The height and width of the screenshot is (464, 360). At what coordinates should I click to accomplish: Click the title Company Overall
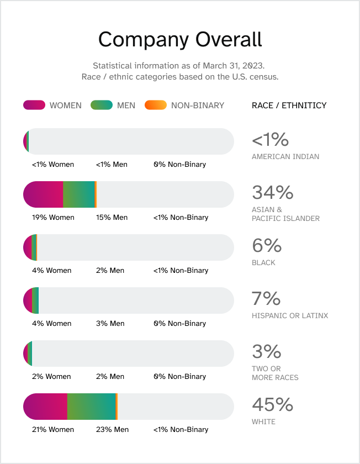pyautogui.click(x=180, y=40)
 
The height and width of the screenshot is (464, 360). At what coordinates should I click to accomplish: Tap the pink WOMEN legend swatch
pyautogui.click(x=34, y=105)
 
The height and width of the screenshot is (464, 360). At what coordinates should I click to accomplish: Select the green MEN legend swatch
pyautogui.click(x=102, y=105)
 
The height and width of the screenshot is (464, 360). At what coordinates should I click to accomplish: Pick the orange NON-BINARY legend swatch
pyautogui.click(x=155, y=105)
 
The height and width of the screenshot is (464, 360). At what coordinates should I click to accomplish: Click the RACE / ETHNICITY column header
pyautogui.click(x=289, y=106)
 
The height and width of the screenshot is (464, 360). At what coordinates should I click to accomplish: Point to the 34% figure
pyautogui.click(x=273, y=193)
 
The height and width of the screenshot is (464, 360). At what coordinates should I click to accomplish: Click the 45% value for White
pyautogui.click(x=273, y=405)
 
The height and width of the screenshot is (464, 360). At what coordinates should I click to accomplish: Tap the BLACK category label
pyautogui.click(x=263, y=262)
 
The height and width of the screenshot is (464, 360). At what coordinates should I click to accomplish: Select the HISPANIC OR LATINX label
pyautogui.click(x=290, y=315)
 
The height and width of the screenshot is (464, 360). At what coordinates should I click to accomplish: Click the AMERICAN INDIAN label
pyautogui.click(x=285, y=156)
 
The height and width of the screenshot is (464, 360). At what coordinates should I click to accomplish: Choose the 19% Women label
pyautogui.click(x=53, y=218)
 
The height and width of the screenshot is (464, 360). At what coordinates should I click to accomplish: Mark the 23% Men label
pyautogui.click(x=112, y=430)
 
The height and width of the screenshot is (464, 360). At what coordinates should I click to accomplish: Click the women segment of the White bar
pyautogui.click(x=45, y=407)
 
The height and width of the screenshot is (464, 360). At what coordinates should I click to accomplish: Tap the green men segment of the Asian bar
pyautogui.click(x=79, y=194)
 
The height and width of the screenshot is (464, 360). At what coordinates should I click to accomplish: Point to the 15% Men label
pyautogui.click(x=112, y=218)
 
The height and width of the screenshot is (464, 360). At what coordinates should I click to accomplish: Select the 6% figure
pyautogui.click(x=267, y=246)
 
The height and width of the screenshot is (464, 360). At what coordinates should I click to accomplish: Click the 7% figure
pyautogui.click(x=266, y=299)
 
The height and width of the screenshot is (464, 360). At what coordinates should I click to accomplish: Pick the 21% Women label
pyautogui.click(x=53, y=430)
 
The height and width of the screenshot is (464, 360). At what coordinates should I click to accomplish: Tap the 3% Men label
pyautogui.click(x=110, y=324)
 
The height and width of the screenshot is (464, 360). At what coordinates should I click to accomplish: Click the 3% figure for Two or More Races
pyautogui.click(x=267, y=352)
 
